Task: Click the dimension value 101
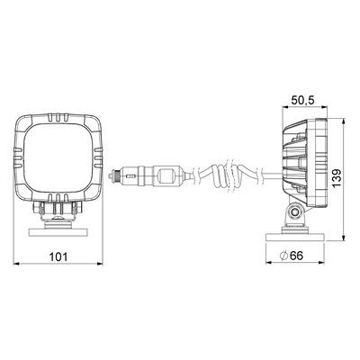(x=58, y=256)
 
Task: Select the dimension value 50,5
(x=303, y=101)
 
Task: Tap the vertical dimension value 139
(x=337, y=178)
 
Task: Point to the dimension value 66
(x=297, y=256)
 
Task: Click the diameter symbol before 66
(x=283, y=256)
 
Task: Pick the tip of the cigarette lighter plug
(x=112, y=175)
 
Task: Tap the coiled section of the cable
(x=221, y=175)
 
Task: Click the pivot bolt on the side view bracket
(x=295, y=212)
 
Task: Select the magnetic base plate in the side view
(x=295, y=238)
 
